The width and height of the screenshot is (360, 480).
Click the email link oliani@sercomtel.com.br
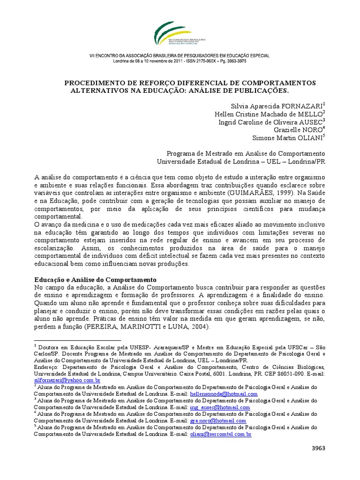221,435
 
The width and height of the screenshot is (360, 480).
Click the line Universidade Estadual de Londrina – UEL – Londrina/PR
240,161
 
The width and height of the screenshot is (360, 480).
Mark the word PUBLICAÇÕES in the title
257,90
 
